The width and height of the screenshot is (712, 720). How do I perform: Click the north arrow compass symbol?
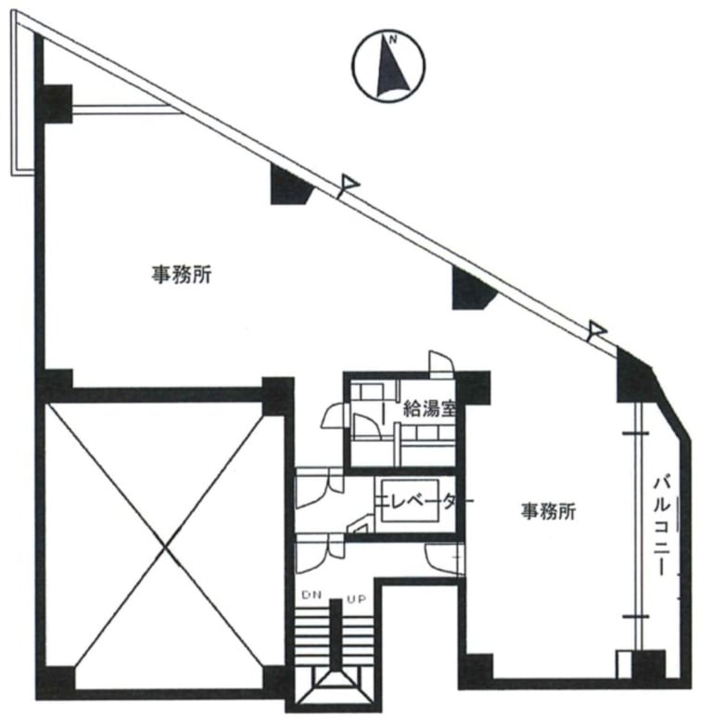point(388,64)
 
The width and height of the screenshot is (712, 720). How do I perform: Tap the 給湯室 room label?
point(427,407)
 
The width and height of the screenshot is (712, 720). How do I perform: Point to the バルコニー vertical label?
point(662,525)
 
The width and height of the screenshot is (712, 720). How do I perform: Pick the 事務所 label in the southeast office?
point(548,510)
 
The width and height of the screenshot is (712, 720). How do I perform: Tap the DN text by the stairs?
point(311,597)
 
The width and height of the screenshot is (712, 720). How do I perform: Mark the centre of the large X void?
point(167,547)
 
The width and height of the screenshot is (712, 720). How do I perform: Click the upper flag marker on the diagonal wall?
point(347,184)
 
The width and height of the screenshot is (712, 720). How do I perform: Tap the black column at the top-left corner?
point(57,103)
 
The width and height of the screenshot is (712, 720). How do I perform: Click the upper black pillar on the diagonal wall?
point(290,186)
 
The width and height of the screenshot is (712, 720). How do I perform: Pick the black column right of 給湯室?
point(472,387)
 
